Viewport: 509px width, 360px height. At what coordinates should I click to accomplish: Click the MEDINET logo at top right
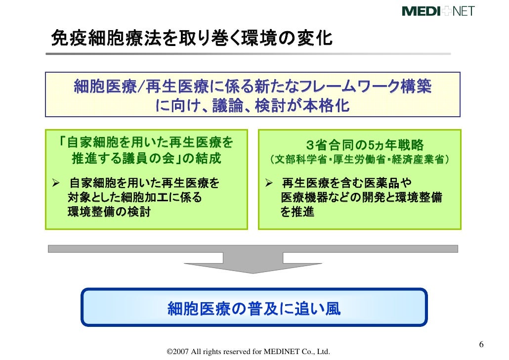[438, 10]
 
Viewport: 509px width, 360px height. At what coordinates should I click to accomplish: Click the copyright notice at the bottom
[248, 352]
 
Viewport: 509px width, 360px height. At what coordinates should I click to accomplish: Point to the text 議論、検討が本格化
[282, 106]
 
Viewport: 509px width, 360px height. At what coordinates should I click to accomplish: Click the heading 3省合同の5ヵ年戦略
[364, 145]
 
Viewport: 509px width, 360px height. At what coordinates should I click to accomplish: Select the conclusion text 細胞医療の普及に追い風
[254, 309]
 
